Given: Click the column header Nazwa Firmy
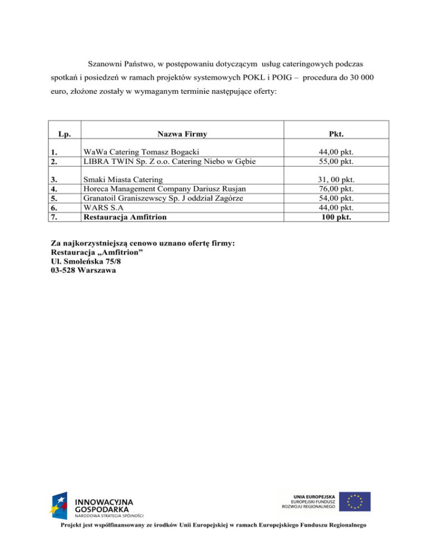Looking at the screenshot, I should (x=182, y=134).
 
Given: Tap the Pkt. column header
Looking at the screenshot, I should (x=335, y=134).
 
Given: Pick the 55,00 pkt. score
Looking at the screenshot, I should (x=335, y=161).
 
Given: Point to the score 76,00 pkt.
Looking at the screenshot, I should (x=335, y=189).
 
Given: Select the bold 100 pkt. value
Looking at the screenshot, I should (x=335, y=217).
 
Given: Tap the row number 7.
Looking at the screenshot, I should (x=54, y=217).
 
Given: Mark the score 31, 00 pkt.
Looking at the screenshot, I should (x=335, y=180).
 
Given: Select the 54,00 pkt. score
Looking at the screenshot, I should (x=335, y=198).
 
